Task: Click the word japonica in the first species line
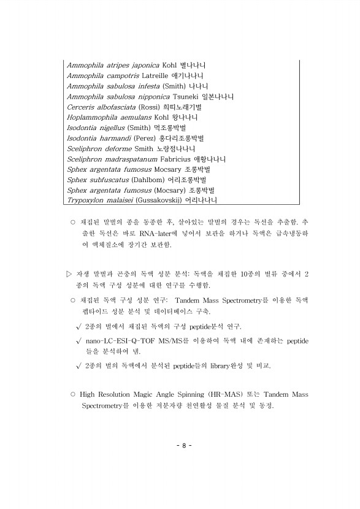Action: (142, 65)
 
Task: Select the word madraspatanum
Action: (130, 159)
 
